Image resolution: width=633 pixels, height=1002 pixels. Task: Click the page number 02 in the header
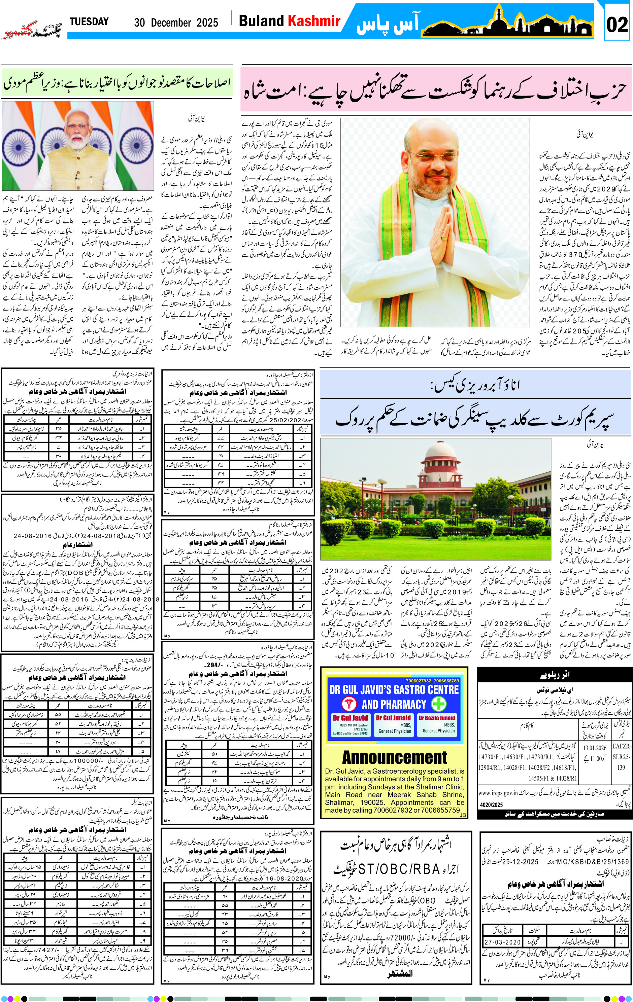click(617, 25)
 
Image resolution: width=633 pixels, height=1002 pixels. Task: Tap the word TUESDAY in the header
click(89, 22)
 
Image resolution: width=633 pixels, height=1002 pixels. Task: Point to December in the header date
click(171, 23)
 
